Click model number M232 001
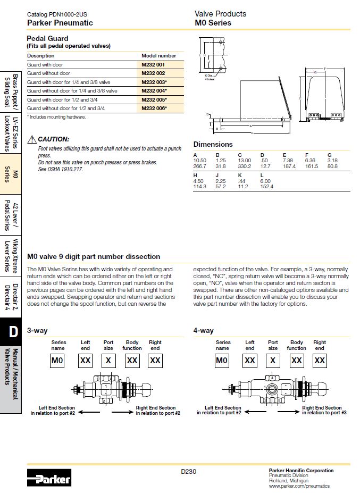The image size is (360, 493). click(153, 64)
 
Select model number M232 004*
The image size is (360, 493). click(154, 90)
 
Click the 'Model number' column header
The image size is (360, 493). click(158, 55)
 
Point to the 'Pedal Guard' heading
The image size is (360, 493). click(47, 38)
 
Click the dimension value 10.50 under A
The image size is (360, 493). click(199, 160)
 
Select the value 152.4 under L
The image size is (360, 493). click(266, 187)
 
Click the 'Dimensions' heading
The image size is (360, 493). click(213, 144)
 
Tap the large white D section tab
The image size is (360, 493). click(13, 331)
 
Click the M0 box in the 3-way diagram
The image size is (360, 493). click(57, 361)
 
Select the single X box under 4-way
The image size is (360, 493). click(273, 361)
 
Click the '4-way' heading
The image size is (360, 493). click(204, 330)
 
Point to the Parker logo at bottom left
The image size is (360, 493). click(48, 478)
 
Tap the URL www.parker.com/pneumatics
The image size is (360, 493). click(299, 486)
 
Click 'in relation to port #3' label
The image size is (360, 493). click(322, 413)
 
